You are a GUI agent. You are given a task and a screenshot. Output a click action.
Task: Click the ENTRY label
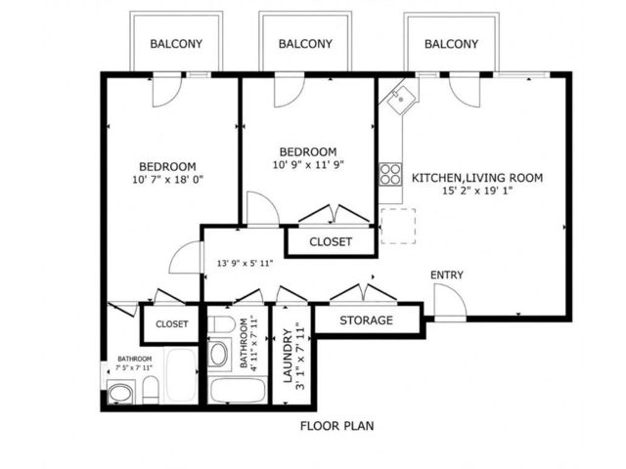[x=447, y=275]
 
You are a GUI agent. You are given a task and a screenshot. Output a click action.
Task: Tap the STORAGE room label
[x=366, y=320]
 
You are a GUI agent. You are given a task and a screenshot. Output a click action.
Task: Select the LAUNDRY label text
[x=288, y=356]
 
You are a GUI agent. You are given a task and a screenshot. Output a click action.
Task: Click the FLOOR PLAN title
[x=336, y=426]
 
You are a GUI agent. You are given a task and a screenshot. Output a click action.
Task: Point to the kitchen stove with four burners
[x=390, y=174]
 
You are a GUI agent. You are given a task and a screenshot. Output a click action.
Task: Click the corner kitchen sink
[x=400, y=99]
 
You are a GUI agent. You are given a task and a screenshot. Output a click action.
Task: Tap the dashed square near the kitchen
[x=398, y=226]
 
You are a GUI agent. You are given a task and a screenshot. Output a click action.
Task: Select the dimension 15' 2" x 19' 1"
[x=477, y=192]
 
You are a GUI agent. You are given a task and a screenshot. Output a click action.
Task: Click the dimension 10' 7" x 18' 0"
[x=167, y=180]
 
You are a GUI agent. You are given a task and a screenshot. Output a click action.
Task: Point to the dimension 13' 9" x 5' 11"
[x=245, y=263]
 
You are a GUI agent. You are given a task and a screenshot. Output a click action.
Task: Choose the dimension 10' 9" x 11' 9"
[x=308, y=165]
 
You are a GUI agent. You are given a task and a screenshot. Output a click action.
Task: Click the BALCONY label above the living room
[x=451, y=44]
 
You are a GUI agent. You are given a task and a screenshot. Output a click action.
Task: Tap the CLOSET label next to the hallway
[x=331, y=241]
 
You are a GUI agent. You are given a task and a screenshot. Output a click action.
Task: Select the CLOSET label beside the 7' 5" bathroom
[x=172, y=323]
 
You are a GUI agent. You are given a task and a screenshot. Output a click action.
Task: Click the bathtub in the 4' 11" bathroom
[x=237, y=390]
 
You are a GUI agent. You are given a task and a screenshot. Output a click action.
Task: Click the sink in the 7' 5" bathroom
[x=120, y=393]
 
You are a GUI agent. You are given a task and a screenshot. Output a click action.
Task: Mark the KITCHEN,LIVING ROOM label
[x=477, y=178]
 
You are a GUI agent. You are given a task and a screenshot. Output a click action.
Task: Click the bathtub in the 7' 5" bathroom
[x=181, y=375]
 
